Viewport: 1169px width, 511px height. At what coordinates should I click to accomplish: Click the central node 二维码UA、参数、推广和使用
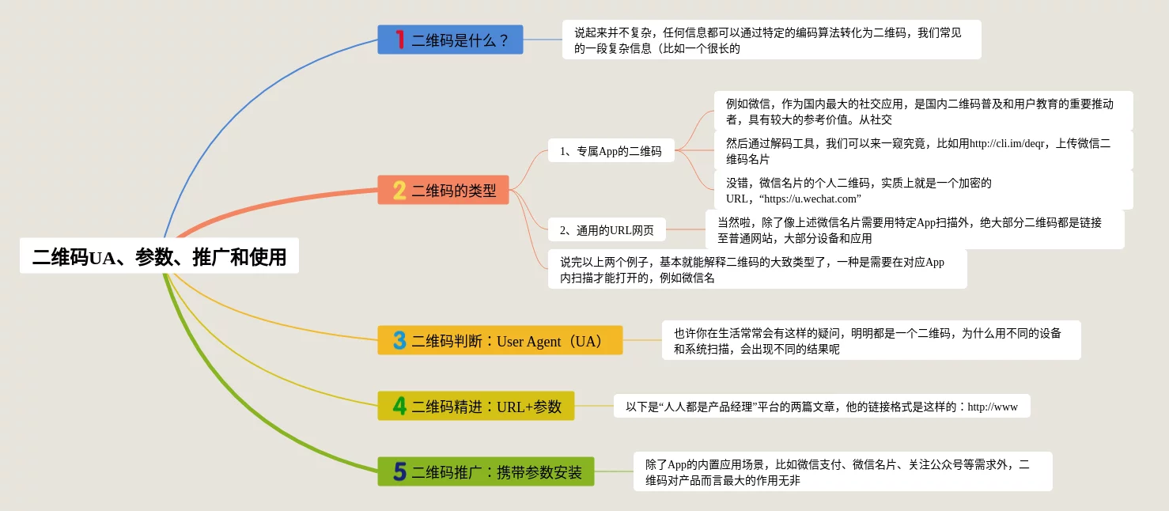(159, 256)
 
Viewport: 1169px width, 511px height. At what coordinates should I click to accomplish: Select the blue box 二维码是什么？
(450, 40)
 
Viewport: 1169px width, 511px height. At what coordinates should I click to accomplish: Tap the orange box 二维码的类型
(443, 190)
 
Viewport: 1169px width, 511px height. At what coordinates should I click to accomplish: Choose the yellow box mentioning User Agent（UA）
(500, 341)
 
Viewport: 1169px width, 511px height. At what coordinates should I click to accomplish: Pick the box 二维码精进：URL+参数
(476, 406)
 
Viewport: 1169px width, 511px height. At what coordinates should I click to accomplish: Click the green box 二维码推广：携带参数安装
(486, 472)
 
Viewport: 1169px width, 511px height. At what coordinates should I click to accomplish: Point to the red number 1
(399, 40)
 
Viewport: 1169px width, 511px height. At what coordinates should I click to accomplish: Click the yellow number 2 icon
(399, 190)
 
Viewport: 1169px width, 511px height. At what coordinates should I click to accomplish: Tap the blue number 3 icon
(399, 341)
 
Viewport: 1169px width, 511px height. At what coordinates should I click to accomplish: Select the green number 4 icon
(399, 406)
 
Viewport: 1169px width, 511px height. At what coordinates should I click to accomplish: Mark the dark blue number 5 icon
(399, 472)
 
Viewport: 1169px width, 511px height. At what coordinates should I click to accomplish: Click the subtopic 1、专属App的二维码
(611, 150)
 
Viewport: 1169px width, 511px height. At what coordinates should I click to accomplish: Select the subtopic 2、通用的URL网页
(607, 230)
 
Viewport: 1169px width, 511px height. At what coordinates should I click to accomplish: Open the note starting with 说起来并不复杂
(771, 40)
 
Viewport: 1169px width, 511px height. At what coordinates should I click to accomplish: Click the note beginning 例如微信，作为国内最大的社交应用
(923, 111)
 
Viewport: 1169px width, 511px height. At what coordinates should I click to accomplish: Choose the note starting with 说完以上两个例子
(757, 269)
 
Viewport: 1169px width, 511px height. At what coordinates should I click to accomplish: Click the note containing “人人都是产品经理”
(822, 407)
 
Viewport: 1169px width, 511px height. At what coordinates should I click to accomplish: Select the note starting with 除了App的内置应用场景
(842, 471)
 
